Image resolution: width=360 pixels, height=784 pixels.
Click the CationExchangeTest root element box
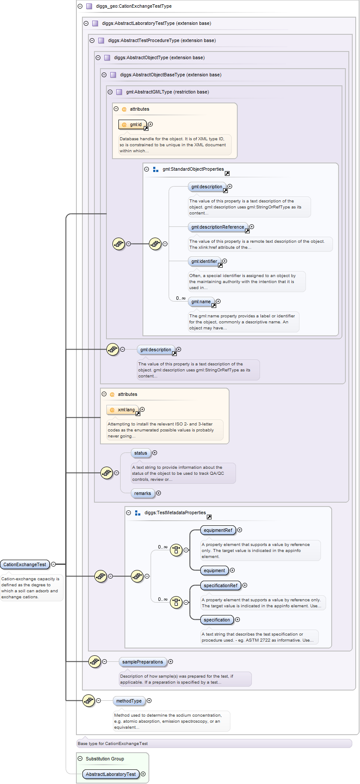(x=25, y=564)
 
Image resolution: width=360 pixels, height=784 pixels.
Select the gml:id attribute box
(x=133, y=124)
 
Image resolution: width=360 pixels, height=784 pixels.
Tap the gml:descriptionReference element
(x=218, y=227)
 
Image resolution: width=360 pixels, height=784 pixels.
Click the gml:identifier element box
(x=204, y=261)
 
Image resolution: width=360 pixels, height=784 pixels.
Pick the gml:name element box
(x=201, y=302)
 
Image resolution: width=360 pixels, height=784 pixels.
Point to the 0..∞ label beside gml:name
(x=181, y=298)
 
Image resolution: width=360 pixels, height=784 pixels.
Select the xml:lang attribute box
(x=123, y=410)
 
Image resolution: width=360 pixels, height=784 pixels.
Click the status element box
(x=141, y=453)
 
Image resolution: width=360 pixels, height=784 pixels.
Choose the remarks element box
(x=142, y=493)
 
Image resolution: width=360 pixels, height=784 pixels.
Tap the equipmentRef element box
(x=218, y=530)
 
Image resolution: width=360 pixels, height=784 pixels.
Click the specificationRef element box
(x=221, y=585)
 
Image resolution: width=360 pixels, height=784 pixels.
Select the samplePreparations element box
(x=142, y=662)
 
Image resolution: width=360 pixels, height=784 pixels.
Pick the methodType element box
(x=129, y=701)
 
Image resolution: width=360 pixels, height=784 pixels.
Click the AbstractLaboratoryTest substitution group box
(x=111, y=774)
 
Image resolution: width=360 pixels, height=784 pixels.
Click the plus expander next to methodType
(x=149, y=701)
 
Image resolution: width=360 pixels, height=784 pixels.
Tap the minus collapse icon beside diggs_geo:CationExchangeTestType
(x=80, y=6)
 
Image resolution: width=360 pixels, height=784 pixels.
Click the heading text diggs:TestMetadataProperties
(x=175, y=513)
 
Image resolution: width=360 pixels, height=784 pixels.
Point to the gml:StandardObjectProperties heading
(x=193, y=169)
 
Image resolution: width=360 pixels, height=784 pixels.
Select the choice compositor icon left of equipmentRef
(x=176, y=550)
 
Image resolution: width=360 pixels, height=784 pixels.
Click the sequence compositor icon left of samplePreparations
(x=94, y=661)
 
